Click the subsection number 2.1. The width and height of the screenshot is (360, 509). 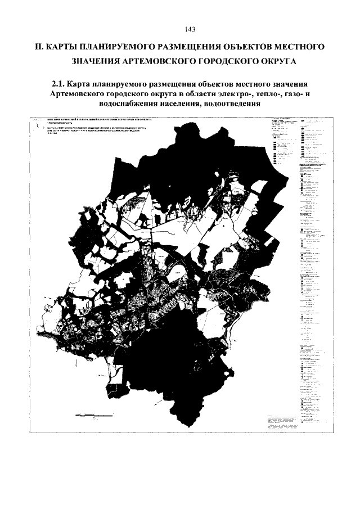pyautogui.click(x=58, y=84)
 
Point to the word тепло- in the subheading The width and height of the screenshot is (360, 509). pyautogui.click(x=265, y=94)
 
